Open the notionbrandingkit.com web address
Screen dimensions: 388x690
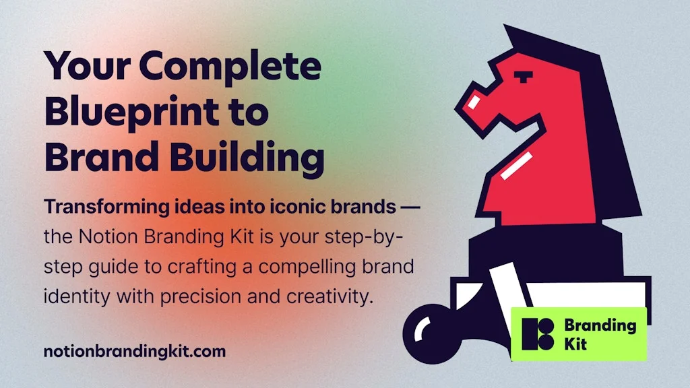[x=134, y=351]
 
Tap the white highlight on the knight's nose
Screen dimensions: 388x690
[x=476, y=102]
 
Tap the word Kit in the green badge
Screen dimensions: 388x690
[x=575, y=344]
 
